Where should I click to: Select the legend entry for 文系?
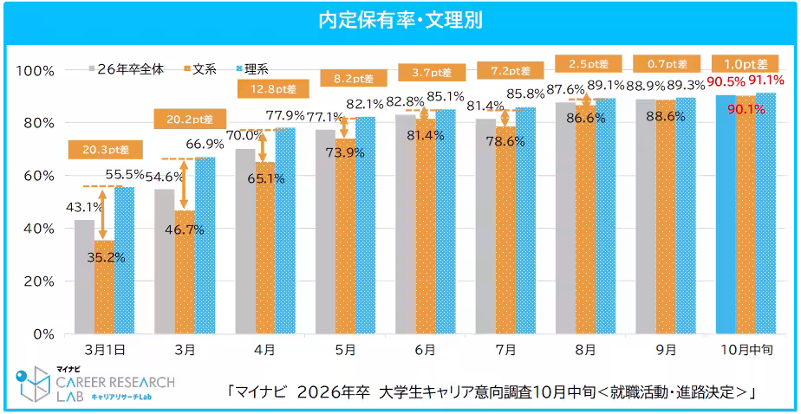pyautogui.click(x=204, y=68)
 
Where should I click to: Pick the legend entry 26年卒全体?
pyautogui.click(x=135, y=68)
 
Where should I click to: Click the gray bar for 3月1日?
pyautogui.click(x=84, y=277)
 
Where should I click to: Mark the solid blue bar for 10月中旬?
pyautogui.click(x=726, y=217)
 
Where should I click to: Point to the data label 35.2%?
pyautogui.click(x=105, y=256)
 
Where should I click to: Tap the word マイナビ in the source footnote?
pyautogui.click(x=260, y=392)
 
